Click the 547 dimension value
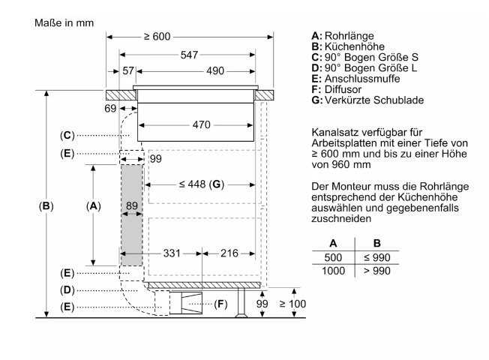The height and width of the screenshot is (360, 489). (189, 55)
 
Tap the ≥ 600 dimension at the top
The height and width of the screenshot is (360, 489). (157, 37)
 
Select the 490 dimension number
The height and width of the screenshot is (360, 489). (215, 70)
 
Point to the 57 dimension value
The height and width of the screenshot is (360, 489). (128, 70)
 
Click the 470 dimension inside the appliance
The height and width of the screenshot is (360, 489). (202, 124)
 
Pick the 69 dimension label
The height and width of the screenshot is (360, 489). (110, 108)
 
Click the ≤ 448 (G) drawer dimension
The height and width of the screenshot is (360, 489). (202, 184)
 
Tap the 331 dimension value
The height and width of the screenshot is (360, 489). (172, 253)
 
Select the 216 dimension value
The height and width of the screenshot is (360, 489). (229, 253)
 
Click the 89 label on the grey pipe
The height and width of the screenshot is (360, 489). (132, 205)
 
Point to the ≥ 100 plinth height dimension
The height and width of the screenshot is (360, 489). (292, 304)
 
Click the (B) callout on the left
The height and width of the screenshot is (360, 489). (46, 206)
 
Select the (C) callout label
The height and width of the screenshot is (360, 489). (67, 136)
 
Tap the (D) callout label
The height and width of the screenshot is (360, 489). (67, 290)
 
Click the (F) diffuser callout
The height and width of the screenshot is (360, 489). (220, 304)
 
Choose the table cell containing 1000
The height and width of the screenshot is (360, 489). (333, 271)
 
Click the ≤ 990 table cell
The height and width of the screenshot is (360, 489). (377, 257)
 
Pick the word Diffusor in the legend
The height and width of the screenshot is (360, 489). (343, 89)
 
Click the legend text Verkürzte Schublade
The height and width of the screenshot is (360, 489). (374, 100)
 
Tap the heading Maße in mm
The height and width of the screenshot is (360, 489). (64, 22)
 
